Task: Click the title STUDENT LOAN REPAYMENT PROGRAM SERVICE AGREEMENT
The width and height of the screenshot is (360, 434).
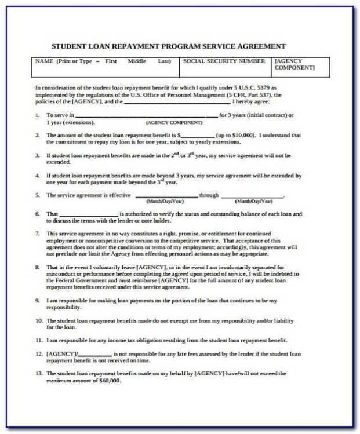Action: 169,46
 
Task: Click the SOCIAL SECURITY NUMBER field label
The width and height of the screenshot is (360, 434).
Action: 224,61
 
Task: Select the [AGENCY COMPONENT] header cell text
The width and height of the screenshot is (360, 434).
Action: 294,64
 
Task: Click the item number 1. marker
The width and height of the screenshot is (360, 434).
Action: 38,115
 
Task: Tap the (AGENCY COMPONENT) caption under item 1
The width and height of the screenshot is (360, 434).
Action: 174,123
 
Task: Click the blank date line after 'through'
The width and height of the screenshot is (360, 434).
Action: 253,196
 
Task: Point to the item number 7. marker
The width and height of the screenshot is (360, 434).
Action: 38,234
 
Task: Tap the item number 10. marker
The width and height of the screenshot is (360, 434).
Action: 39,320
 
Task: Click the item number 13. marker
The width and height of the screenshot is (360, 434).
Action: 39,374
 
